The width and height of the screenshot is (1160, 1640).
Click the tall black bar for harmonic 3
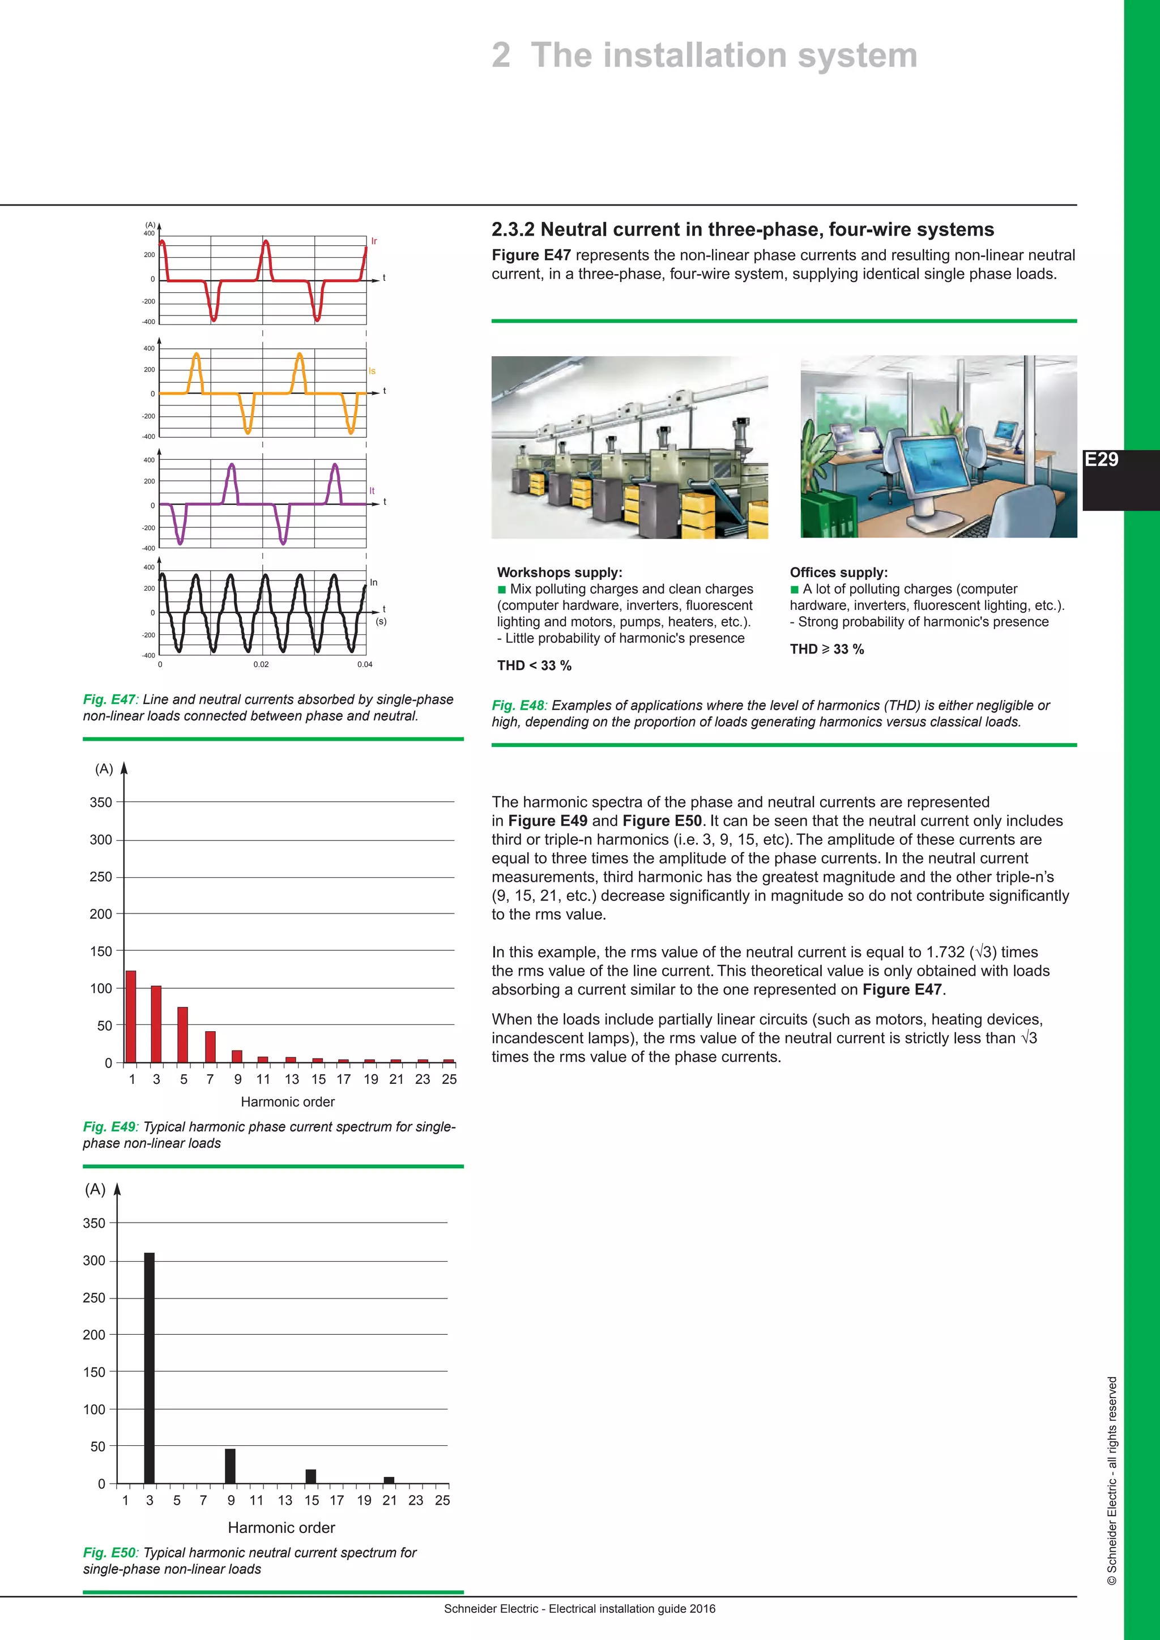[x=150, y=1368]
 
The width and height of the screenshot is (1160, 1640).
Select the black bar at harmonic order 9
[x=230, y=1466]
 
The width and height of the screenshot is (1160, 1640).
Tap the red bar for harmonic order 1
[x=131, y=1017]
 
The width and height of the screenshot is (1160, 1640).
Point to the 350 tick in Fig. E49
[x=101, y=802]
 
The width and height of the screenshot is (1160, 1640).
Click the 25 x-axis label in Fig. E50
[x=442, y=1501]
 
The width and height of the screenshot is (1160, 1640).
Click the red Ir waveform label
[x=374, y=241]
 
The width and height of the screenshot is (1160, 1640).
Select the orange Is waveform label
[x=372, y=371]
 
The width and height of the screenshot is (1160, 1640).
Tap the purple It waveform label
[x=372, y=491]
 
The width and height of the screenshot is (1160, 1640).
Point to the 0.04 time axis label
[x=364, y=664]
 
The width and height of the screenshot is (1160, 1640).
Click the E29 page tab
[x=1103, y=460]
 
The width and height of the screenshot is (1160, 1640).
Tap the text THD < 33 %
[x=534, y=666]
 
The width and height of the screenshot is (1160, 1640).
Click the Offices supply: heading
[x=839, y=572]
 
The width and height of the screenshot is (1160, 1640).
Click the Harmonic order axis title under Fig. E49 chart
[x=287, y=1102]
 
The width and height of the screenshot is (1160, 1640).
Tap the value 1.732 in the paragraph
[x=945, y=952]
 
